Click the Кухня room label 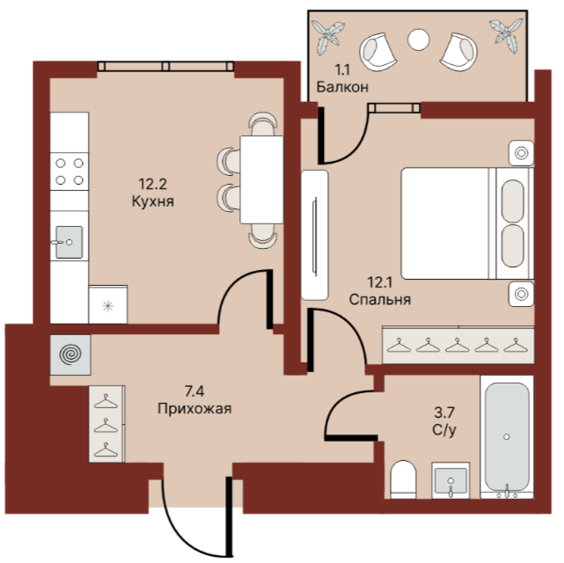(153, 201)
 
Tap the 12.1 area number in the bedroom (379, 282)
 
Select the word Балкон (342, 87)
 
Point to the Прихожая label (194, 409)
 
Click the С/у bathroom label (444, 429)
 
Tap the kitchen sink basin (69, 242)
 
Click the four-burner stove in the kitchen (70, 172)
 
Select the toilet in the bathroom (403, 479)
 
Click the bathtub (507, 437)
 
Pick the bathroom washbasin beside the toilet (450, 480)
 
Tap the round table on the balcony (418, 40)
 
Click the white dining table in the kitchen (261, 179)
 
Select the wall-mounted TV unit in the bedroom (315, 235)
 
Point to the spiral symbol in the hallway (70, 355)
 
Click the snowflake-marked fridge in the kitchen (108, 305)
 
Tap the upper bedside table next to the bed (521, 153)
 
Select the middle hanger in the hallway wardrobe (106, 426)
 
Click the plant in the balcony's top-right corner (505, 35)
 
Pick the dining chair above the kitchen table (263, 124)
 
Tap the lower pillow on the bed (512, 246)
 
